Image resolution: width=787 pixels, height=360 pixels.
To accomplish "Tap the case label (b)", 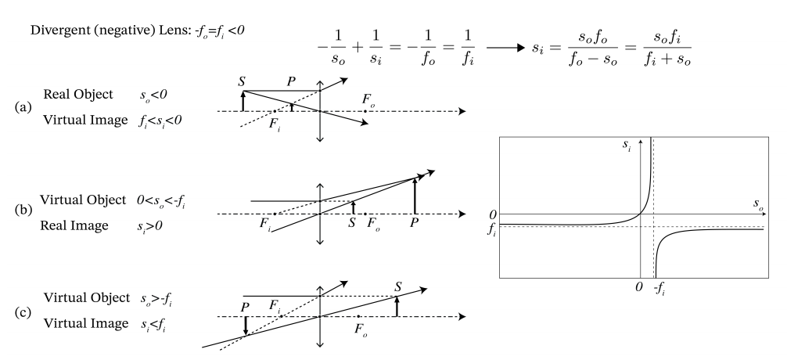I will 23,209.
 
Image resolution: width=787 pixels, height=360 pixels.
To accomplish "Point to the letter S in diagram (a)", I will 243,81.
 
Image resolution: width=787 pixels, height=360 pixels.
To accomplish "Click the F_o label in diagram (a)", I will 368,100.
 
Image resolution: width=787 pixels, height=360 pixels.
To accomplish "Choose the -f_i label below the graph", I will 660,288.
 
